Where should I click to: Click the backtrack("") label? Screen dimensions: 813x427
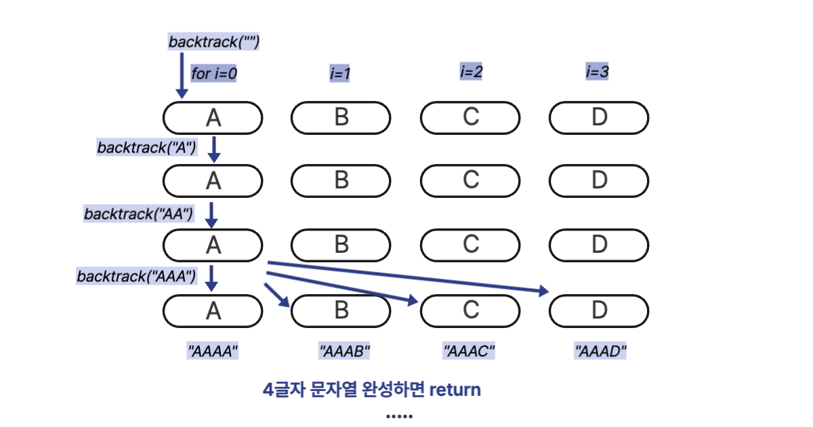(x=214, y=41)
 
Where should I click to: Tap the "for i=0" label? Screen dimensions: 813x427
(x=214, y=73)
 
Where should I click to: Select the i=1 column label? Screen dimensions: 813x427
(x=340, y=73)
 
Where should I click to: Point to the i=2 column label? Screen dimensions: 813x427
(x=471, y=70)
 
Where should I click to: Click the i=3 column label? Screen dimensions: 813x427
(x=597, y=70)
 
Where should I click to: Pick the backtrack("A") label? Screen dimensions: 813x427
(x=147, y=147)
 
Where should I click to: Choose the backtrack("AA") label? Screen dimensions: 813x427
(x=139, y=213)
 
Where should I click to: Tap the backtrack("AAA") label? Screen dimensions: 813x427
(x=136, y=276)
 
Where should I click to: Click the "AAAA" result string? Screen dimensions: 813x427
(x=213, y=351)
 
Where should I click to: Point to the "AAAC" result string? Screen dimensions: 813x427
(x=470, y=351)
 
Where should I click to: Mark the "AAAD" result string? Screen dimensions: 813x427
(x=600, y=351)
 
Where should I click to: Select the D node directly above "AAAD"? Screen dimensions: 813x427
(x=599, y=310)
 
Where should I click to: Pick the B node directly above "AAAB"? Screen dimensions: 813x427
(x=341, y=310)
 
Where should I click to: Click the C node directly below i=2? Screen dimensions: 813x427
(x=470, y=117)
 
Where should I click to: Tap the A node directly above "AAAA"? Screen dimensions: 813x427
(x=213, y=310)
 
